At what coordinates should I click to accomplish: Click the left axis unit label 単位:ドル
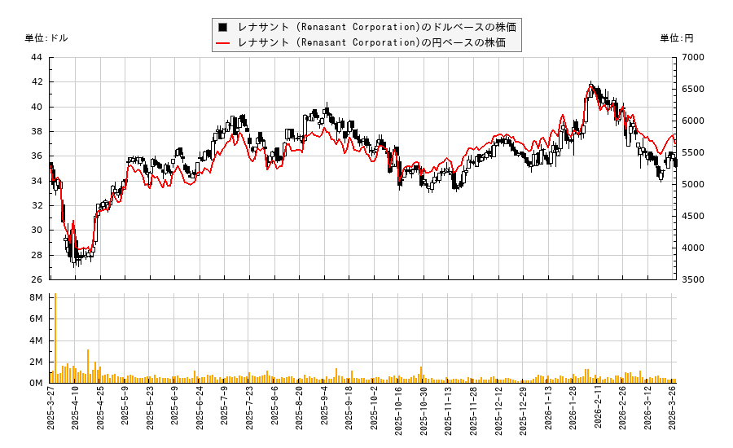(46, 38)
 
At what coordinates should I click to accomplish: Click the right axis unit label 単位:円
(676, 38)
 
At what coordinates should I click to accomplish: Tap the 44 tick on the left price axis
(37, 57)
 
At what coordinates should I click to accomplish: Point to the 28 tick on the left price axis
(37, 255)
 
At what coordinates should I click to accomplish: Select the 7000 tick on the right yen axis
(693, 57)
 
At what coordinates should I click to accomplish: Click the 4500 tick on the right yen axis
(693, 216)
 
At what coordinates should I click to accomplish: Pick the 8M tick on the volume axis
(36, 298)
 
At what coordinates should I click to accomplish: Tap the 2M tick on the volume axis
(36, 362)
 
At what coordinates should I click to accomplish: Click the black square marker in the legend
(222, 27)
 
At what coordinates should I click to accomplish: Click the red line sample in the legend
(222, 42)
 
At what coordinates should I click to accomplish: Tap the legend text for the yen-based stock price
(371, 42)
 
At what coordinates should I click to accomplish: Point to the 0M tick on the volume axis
(36, 383)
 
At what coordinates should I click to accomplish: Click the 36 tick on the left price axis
(37, 156)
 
